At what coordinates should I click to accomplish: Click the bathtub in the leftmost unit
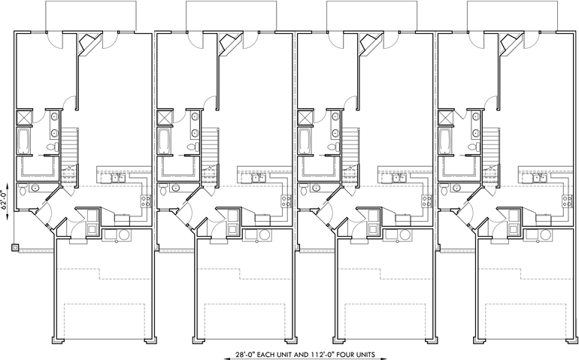tap(22, 140)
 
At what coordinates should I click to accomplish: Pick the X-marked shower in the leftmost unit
tap(23, 117)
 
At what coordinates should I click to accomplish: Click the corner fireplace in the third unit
tap(368, 44)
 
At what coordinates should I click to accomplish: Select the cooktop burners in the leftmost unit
tap(146, 201)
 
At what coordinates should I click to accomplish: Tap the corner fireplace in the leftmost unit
tap(88, 44)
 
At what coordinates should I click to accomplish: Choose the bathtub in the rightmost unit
tap(443, 140)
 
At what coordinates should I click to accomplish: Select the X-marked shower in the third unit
tap(304, 117)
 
